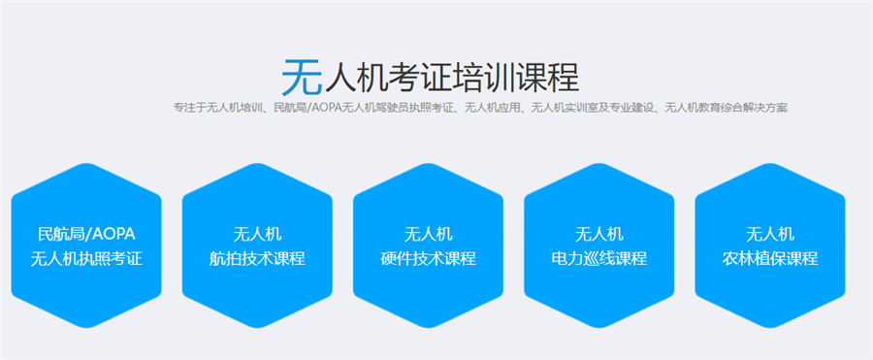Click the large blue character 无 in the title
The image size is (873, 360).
298,73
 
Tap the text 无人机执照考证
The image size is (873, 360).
86,259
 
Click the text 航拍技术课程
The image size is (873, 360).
257,259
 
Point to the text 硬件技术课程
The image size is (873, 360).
428,259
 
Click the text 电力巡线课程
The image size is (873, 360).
598,259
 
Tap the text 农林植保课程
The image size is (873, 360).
770,259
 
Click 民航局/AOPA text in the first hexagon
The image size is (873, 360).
86,234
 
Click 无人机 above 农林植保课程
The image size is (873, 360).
770,234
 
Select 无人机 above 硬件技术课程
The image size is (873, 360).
428,234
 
